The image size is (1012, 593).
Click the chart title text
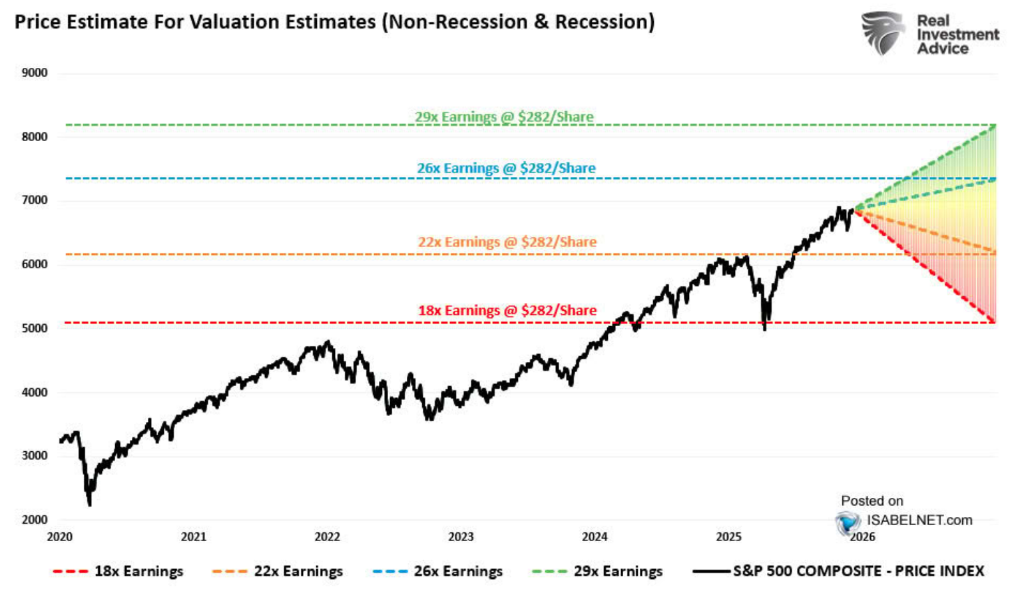334,22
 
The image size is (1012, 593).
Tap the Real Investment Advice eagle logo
882,33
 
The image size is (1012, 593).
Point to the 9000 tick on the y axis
35,73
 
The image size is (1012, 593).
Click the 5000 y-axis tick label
35,328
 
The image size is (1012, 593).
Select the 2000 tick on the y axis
35,520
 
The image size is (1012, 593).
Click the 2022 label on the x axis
327,537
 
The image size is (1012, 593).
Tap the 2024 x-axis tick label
595,537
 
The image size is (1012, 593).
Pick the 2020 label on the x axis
60,537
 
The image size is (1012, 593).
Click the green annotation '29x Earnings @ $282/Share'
504,117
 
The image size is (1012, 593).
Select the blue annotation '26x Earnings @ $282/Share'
506,168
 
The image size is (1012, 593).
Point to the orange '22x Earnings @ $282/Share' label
507,242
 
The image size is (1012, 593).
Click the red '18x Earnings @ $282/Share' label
507,311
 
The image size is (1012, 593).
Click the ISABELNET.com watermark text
919,520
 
